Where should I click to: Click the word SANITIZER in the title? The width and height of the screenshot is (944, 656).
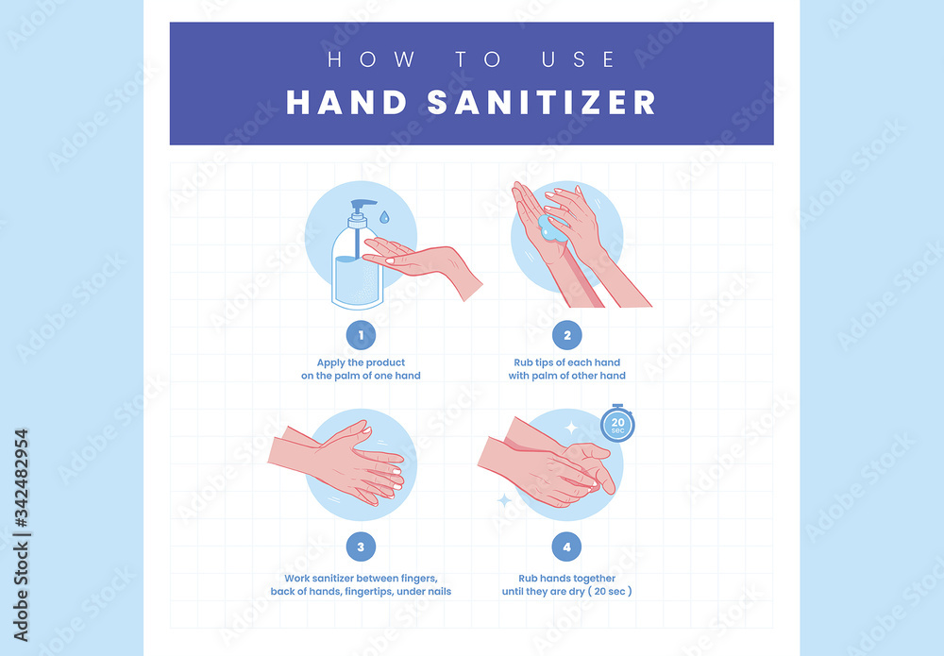(x=541, y=102)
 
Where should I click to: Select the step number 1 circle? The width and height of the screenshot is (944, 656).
(x=360, y=335)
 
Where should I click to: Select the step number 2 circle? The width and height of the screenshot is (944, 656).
(x=566, y=335)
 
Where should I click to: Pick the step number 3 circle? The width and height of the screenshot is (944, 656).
(x=360, y=547)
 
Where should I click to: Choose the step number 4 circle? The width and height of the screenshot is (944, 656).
(x=566, y=547)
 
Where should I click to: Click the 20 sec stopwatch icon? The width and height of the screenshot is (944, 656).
(x=617, y=423)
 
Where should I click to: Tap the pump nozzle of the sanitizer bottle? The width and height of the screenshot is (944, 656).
(x=364, y=203)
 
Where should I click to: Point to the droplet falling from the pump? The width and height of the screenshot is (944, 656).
(x=384, y=218)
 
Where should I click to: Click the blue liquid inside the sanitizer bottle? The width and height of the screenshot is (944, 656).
(x=355, y=278)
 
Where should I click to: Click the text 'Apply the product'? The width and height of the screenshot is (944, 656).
(x=360, y=362)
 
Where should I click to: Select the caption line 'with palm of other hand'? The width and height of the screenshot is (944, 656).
(x=566, y=376)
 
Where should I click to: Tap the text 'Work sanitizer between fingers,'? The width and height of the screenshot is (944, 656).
(x=360, y=578)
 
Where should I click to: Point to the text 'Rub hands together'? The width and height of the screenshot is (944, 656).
(x=566, y=578)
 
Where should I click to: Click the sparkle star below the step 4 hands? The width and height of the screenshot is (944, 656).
(x=504, y=499)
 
